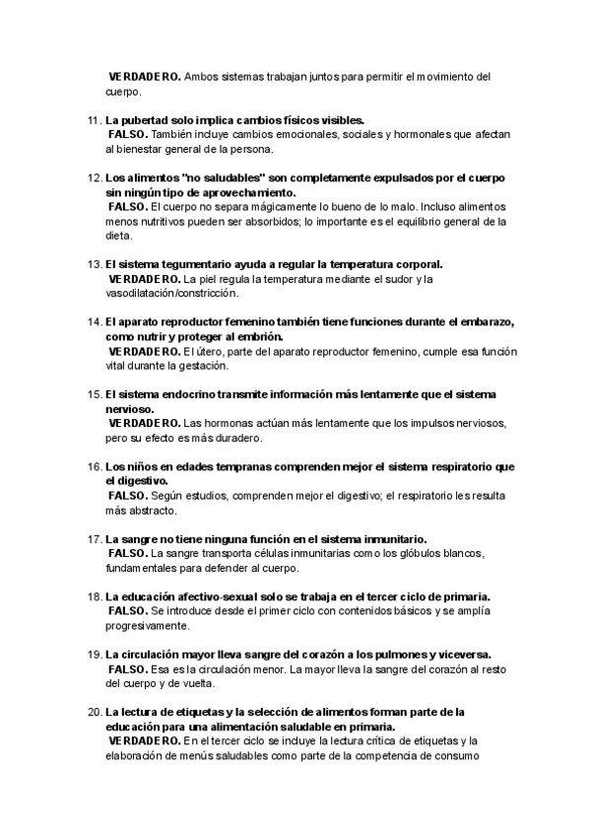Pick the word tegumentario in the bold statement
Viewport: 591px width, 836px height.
pyautogui.click(x=196, y=264)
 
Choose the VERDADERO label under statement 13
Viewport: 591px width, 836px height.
pyautogui.click(x=144, y=279)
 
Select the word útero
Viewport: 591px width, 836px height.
pyautogui.click(x=210, y=352)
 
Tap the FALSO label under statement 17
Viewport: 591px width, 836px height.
pyautogui.click(x=127, y=554)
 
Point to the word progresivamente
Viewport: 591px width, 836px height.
pyautogui.click(x=148, y=627)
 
